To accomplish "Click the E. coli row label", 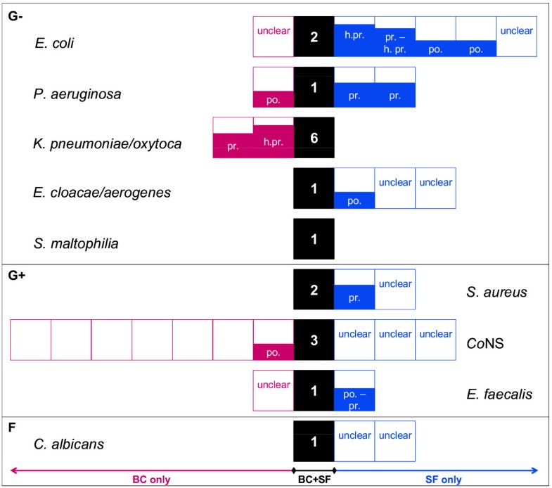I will (x=54, y=43).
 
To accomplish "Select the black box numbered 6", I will (x=314, y=138).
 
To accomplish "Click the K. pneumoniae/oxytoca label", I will (x=97, y=143).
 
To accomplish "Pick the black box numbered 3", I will (x=314, y=340).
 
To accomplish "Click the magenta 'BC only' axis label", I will (x=152, y=480).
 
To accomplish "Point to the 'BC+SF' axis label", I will (x=314, y=480).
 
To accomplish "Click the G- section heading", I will (x=14, y=15).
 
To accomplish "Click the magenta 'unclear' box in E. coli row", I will (x=274, y=37).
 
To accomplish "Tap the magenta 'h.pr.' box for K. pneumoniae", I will (x=274, y=138).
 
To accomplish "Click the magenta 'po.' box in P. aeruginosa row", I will (x=274, y=87).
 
